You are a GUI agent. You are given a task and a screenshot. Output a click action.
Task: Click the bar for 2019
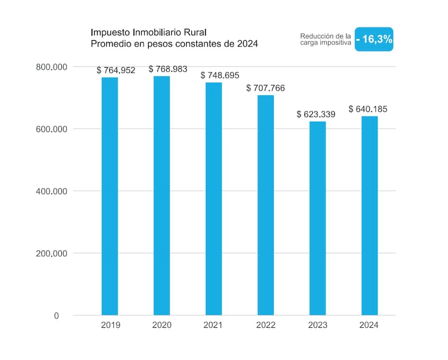[x=110, y=196]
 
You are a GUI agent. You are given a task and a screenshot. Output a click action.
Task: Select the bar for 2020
[x=162, y=196]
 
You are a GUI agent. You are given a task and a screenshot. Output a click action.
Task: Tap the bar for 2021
[x=214, y=199]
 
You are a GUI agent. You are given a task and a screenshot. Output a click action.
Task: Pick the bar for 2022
[x=266, y=205]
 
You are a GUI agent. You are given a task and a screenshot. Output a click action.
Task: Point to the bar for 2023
[x=318, y=218]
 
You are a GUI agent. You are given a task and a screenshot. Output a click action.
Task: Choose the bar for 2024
[x=370, y=216]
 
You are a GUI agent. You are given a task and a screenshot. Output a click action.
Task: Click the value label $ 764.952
[x=116, y=70]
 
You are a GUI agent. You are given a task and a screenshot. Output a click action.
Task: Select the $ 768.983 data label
[x=168, y=69]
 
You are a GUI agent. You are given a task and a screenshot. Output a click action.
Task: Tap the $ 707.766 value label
[x=266, y=88]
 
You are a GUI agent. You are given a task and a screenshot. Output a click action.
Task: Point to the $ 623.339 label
[x=316, y=114]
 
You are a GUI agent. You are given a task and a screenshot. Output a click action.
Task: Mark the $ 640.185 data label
[x=368, y=109]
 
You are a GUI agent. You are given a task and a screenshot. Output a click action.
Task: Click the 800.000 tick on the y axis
[x=52, y=67]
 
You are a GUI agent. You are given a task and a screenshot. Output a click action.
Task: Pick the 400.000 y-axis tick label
[x=52, y=191]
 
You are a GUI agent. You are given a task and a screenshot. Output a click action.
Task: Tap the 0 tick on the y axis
[x=56, y=316]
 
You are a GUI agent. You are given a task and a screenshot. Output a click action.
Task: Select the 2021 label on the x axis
[x=213, y=325]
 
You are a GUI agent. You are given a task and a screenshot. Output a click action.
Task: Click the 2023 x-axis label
[x=318, y=325]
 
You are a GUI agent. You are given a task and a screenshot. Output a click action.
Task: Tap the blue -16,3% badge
[x=374, y=39]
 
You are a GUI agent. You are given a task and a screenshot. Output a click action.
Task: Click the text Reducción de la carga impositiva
[x=326, y=39]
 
